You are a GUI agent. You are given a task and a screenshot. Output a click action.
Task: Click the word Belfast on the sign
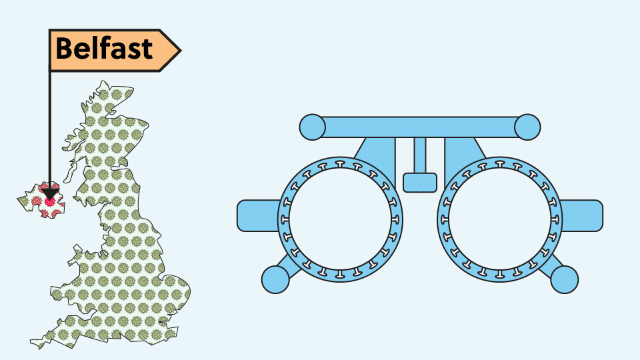[x=104, y=48]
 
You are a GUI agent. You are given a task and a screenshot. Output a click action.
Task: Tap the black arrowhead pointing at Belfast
[x=50, y=193]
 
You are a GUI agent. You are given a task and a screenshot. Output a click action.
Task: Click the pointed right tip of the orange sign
[x=181, y=51]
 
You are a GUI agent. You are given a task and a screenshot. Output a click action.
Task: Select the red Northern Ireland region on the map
[x=41, y=201]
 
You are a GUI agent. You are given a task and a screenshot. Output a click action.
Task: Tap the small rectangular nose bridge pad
[x=420, y=183]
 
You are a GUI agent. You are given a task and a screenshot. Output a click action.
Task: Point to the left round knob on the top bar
[x=312, y=127]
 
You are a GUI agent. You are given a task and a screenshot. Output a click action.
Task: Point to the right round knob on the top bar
[x=527, y=127]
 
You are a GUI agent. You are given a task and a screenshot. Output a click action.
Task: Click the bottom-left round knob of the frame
[x=275, y=279]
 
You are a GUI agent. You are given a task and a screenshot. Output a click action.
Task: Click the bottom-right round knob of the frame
[x=565, y=279]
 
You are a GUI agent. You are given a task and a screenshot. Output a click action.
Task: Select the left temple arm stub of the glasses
[x=258, y=215]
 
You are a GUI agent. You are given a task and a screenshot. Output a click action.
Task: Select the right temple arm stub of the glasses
[x=581, y=215]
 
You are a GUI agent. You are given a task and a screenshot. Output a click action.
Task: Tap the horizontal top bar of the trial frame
[x=420, y=127]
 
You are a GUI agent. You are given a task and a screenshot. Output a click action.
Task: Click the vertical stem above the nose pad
[x=420, y=155]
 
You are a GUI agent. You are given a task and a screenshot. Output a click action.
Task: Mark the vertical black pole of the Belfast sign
[x=50, y=129]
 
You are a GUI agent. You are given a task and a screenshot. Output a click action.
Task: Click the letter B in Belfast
[x=65, y=48]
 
